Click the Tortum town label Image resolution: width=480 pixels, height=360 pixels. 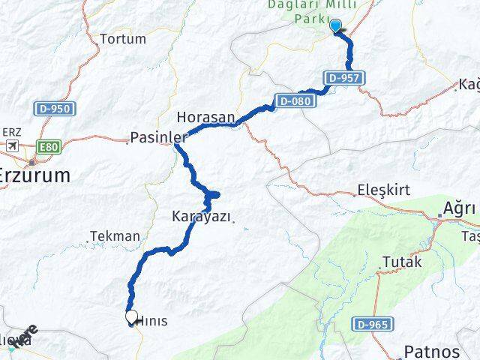(x=122, y=38)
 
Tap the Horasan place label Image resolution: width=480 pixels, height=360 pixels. (x=206, y=118)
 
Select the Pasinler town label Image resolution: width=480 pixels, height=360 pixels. (x=157, y=137)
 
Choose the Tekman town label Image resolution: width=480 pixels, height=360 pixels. (x=115, y=236)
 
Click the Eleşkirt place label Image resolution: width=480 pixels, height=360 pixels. (x=384, y=190)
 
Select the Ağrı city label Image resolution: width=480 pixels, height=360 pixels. (x=459, y=206)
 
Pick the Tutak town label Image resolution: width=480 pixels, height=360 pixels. (x=402, y=262)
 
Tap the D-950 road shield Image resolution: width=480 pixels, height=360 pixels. (x=53, y=109)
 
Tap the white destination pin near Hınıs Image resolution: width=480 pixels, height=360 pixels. (x=132, y=318)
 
